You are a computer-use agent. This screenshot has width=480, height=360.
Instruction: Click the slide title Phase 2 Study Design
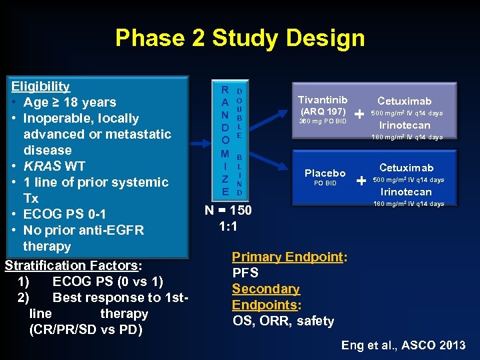[x=239, y=38]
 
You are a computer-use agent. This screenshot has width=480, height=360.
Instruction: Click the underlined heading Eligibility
[x=41, y=86]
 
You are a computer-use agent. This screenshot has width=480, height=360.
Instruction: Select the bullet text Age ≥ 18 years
[x=69, y=102]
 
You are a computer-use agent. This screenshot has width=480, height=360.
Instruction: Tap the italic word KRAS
[x=41, y=166]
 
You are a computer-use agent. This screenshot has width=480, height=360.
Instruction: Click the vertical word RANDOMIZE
[x=226, y=141]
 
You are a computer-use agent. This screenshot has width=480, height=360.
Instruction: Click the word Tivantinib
[x=323, y=99]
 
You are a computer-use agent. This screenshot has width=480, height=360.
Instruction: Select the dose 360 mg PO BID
[x=323, y=121]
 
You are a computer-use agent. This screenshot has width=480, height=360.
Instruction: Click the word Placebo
[x=325, y=173]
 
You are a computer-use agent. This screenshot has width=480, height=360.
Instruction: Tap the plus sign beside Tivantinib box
[x=360, y=114]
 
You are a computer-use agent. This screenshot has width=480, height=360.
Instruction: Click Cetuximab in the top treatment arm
[x=405, y=101]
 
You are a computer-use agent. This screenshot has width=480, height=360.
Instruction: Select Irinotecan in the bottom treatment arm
[x=405, y=192]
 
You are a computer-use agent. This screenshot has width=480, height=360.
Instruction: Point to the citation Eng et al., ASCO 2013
[x=403, y=345]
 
